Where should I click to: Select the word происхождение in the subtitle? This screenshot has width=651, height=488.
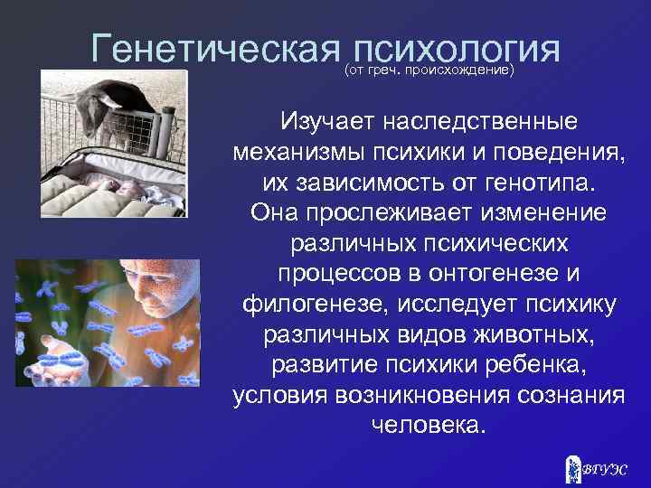461,70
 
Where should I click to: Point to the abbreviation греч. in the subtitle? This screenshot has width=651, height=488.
385,70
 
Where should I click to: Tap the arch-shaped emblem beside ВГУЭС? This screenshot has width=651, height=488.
572,467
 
